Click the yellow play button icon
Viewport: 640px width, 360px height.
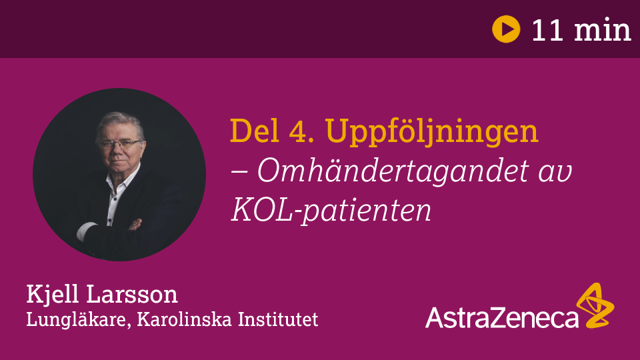506,29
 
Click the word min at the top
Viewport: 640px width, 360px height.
603,30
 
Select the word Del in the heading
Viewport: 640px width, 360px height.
255,131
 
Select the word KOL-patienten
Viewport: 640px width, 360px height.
331,210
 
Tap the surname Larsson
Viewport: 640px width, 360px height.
132,295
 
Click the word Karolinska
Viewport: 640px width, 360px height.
185,319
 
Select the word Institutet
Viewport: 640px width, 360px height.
278,319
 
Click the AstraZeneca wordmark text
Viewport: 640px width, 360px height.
501,317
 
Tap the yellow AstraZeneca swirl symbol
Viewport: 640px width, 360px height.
595,305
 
